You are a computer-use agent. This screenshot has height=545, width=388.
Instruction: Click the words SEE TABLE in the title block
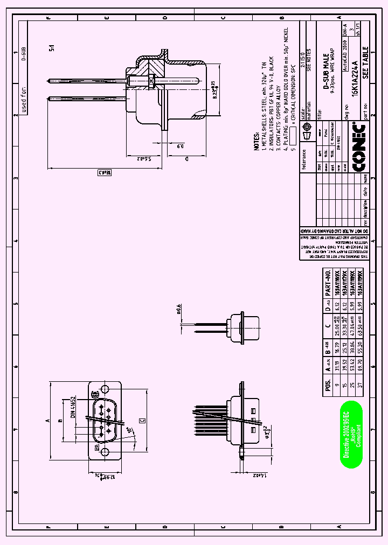click(x=365, y=64)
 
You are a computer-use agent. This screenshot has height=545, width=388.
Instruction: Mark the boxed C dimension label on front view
click(x=142, y=420)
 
